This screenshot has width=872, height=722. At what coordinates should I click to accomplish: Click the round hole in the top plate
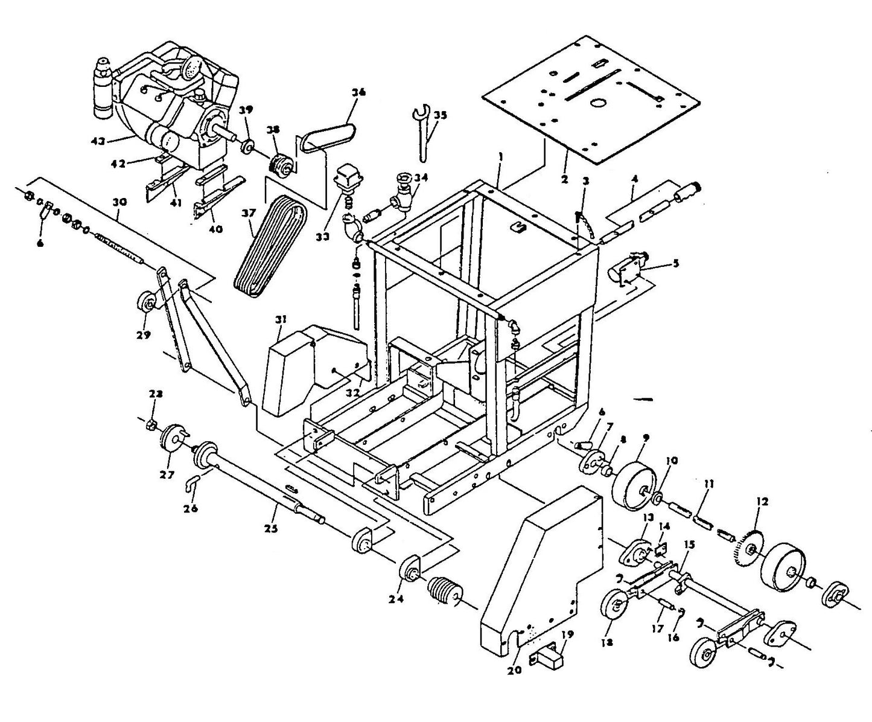click(598, 103)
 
